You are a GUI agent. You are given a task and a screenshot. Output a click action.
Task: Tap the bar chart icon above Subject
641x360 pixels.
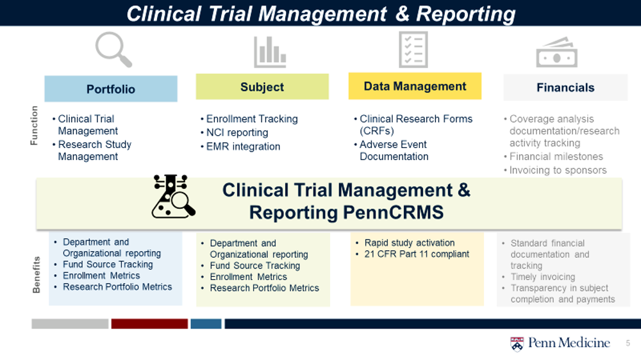pyautogui.click(x=270, y=52)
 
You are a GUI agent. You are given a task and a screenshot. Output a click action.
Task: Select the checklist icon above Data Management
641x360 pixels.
pyautogui.click(x=413, y=50)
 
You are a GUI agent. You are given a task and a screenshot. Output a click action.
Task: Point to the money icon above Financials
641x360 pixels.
pyautogui.click(x=557, y=53)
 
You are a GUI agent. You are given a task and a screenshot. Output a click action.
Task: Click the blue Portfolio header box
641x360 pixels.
pyautogui.click(x=111, y=88)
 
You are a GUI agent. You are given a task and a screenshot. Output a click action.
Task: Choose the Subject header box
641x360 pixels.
pyautogui.click(x=262, y=86)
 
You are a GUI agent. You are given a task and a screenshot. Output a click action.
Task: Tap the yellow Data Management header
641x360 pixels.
pyautogui.click(x=415, y=86)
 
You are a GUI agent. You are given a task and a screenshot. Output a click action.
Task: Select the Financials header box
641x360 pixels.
pyautogui.click(x=565, y=88)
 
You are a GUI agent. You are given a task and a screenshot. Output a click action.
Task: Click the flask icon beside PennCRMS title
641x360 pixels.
pyautogui.click(x=173, y=196)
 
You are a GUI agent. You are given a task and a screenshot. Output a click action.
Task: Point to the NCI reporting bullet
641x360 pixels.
pyautogui.click(x=234, y=133)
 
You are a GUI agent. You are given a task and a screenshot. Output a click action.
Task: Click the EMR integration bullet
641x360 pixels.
pyautogui.click(x=240, y=146)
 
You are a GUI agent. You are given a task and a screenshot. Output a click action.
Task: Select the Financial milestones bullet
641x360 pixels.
pyautogui.click(x=553, y=156)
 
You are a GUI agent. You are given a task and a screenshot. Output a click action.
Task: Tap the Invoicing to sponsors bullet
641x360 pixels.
pyautogui.click(x=555, y=170)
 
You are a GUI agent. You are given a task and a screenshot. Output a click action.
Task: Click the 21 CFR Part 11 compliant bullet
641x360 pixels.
pyautogui.click(x=412, y=254)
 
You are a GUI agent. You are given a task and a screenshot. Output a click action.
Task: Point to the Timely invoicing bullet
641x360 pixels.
pyautogui.click(x=538, y=277)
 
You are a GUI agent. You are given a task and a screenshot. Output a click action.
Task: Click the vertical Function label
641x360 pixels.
pyautogui.click(x=34, y=126)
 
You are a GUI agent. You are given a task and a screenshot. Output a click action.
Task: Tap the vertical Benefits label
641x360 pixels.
pyautogui.click(x=37, y=275)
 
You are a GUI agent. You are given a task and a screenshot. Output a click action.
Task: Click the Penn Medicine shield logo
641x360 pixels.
pyautogui.click(x=517, y=343)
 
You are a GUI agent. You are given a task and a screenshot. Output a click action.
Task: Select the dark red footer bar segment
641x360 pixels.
pyautogui.click(x=149, y=323)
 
